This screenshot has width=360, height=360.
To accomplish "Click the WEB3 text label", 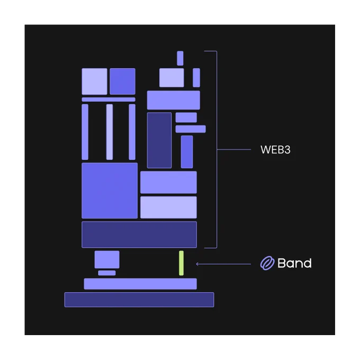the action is click(x=275, y=150).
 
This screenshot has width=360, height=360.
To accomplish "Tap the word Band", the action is click(x=294, y=263).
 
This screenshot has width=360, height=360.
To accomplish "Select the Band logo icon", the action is click(x=267, y=263).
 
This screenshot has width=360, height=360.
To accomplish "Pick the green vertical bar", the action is click(x=181, y=263).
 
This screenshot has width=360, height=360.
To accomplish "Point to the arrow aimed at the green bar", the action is click(x=223, y=264).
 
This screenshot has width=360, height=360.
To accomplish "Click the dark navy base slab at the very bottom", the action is click(x=139, y=300).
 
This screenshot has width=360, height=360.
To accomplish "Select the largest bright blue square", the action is click(x=110, y=191).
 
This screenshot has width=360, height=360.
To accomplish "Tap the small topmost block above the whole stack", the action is click(x=180, y=58).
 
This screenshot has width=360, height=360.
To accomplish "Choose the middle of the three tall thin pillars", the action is click(x=110, y=132).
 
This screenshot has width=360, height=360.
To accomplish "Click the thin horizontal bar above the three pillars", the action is click(x=109, y=100).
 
